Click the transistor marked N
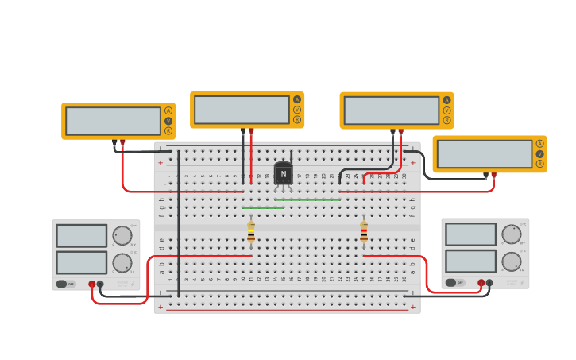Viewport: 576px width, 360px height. pyautogui.click(x=283, y=174)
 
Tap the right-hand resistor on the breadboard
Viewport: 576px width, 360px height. pyautogui.click(x=364, y=231)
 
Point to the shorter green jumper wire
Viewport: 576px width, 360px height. pyautogui.click(x=263, y=207)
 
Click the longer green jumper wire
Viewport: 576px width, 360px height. pyautogui.click(x=307, y=199)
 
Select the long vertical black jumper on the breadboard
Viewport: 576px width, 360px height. pyautogui.click(x=179, y=223)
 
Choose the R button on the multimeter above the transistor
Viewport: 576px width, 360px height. pyautogui.click(x=297, y=120)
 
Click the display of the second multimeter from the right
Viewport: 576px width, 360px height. pyautogui.click(x=391, y=110)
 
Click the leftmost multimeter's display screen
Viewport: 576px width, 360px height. pyautogui.click(x=113, y=121)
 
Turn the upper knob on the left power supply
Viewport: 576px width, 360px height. pyautogui.click(x=122, y=235)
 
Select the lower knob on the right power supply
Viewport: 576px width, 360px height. pyautogui.click(x=512, y=261)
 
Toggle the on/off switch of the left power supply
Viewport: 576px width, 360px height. pyautogui.click(x=62, y=284)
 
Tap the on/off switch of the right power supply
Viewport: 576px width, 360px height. pyautogui.click(x=451, y=282)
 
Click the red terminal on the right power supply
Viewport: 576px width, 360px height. pyautogui.click(x=481, y=282)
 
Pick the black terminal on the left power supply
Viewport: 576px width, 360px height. pyautogui.click(x=100, y=284)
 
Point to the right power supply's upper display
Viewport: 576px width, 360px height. pyautogui.click(x=470, y=234)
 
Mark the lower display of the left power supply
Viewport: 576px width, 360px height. pyautogui.click(x=81, y=262)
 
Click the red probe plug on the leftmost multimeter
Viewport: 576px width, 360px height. pyautogui.click(x=122, y=142)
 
